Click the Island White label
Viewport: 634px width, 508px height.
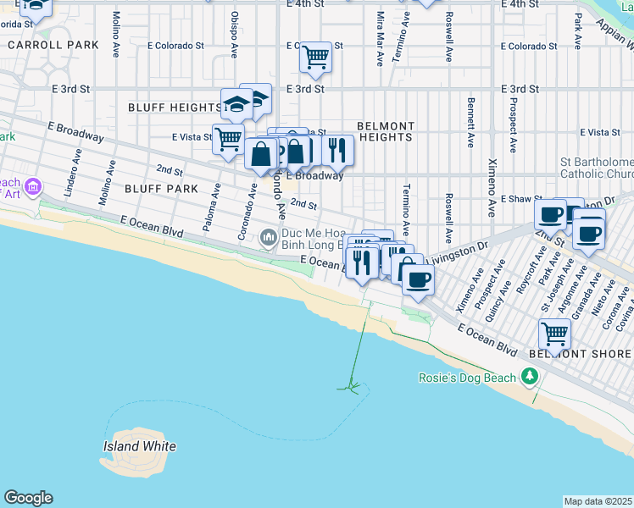point(140,446)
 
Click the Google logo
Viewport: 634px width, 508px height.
point(28,498)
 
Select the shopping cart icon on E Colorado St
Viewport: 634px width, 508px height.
point(315,58)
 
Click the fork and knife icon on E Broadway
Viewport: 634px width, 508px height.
point(337,151)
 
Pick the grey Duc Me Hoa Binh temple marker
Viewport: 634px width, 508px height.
point(269,237)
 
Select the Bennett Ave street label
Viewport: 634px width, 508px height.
point(469,123)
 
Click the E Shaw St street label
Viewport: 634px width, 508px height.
point(520,199)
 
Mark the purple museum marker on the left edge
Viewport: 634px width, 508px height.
point(33,186)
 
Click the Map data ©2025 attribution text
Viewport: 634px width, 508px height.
point(598,501)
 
